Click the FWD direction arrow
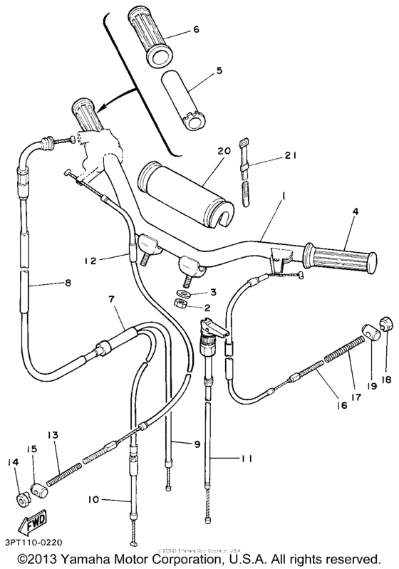pyautogui.click(x=33, y=524)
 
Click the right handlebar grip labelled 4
pyautogui.click(x=336, y=257)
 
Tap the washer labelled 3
pyautogui.click(x=185, y=293)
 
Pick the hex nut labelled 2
pyautogui.click(x=182, y=306)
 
